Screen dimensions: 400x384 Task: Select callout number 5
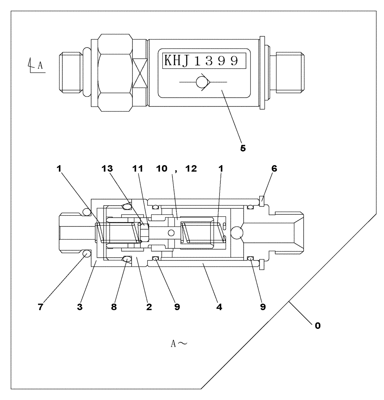[243, 148]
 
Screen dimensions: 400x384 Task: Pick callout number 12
[191, 169]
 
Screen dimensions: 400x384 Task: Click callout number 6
[274, 169]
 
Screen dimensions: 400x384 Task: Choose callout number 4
[219, 308]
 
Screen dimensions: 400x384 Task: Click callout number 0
[317, 326]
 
